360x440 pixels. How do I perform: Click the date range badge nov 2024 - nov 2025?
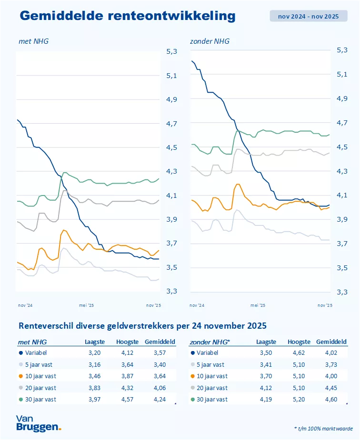pyautogui.click(x=308, y=16)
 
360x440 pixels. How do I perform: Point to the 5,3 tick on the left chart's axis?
pyautogui.click(x=171, y=51)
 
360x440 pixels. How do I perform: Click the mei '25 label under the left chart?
pyautogui.click(x=87, y=305)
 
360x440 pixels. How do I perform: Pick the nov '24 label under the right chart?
pyautogui.click(x=197, y=305)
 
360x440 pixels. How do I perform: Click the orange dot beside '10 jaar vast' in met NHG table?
pyautogui.click(x=20, y=376)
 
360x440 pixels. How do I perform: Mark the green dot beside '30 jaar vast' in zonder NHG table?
pyautogui.click(x=192, y=399)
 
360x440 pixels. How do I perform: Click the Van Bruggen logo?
pyautogui.click(x=38, y=423)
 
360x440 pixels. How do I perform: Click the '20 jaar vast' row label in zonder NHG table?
pyautogui.click(x=213, y=388)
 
